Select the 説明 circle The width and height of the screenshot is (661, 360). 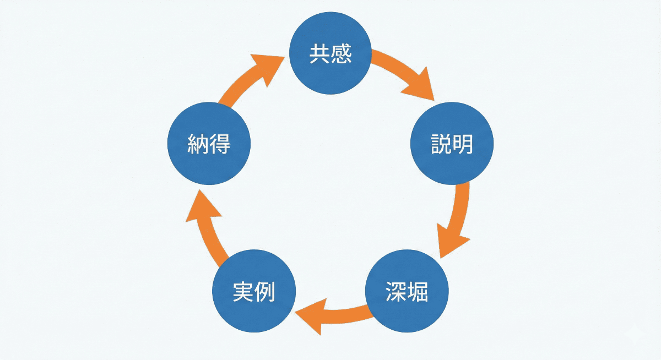(x=452, y=144)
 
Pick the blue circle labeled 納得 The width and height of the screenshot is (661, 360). (x=209, y=144)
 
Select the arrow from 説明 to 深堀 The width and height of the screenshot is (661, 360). (x=457, y=220)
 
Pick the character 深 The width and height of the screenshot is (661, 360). (x=396, y=293)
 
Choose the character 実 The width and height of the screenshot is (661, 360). (x=243, y=293)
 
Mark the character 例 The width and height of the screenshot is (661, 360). (x=265, y=293)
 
